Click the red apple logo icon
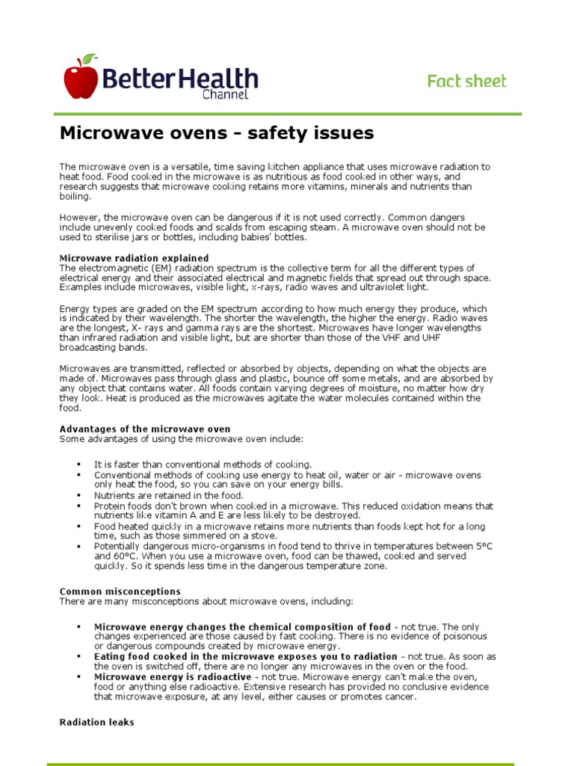[x=81, y=79]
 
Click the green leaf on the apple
[x=88, y=58]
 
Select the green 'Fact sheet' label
[x=466, y=81]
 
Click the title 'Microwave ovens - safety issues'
[x=216, y=134]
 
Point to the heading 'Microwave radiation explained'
[x=134, y=258]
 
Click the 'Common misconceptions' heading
[x=120, y=591]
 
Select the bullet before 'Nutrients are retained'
[x=78, y=496]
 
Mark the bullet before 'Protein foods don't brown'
[x=78, y=506]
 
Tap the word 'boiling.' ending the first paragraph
[x=75, y=196]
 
